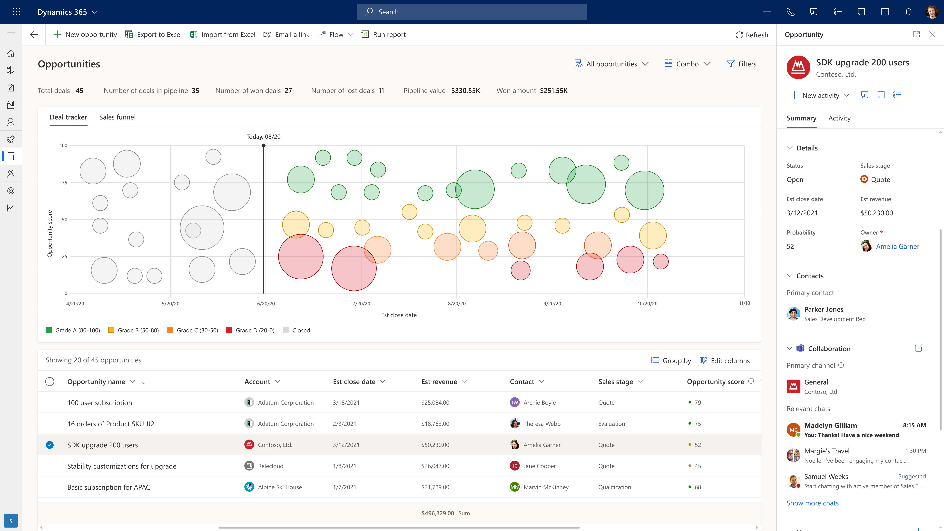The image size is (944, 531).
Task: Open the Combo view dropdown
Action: [688, 64]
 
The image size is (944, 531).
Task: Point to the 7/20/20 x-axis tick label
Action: [361, 303]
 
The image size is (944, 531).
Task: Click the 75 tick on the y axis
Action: [65, 183]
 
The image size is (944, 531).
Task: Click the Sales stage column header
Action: [616, 382]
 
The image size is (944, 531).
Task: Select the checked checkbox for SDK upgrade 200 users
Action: [49, 445]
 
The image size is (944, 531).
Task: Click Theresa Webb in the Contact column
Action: [542, 424]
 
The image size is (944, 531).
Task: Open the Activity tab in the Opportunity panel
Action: [839, 118]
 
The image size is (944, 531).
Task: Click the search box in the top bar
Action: [472, 12]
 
